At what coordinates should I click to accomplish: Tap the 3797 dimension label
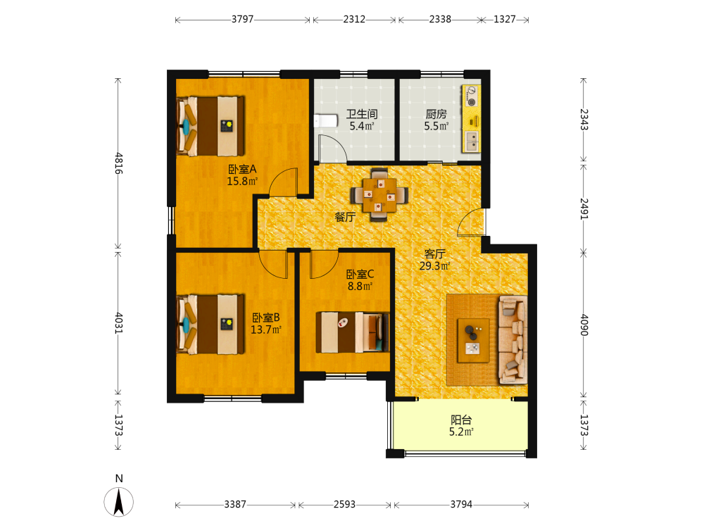click(242, 19)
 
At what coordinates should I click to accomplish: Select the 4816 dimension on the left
click(118, 163)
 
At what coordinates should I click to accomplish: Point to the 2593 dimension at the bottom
click(344, 504)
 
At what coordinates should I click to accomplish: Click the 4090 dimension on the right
click(584, 325)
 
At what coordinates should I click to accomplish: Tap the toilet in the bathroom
click(325, 121)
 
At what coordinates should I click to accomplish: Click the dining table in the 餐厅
click(379, 195)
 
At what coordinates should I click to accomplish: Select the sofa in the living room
click(513, 340)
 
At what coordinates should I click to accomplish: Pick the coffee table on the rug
click(473, 340)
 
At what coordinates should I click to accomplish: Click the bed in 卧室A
click(210, 126)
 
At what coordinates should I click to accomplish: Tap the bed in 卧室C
click(352, 332)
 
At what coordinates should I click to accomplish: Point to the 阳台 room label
click(461, 420)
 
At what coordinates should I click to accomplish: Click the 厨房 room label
click(436, 114)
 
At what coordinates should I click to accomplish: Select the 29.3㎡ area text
click(434, 266)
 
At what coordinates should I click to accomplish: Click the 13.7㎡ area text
click(266, 329)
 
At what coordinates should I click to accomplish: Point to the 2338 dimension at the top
click(440, 19)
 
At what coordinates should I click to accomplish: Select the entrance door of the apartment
click(472, 222)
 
